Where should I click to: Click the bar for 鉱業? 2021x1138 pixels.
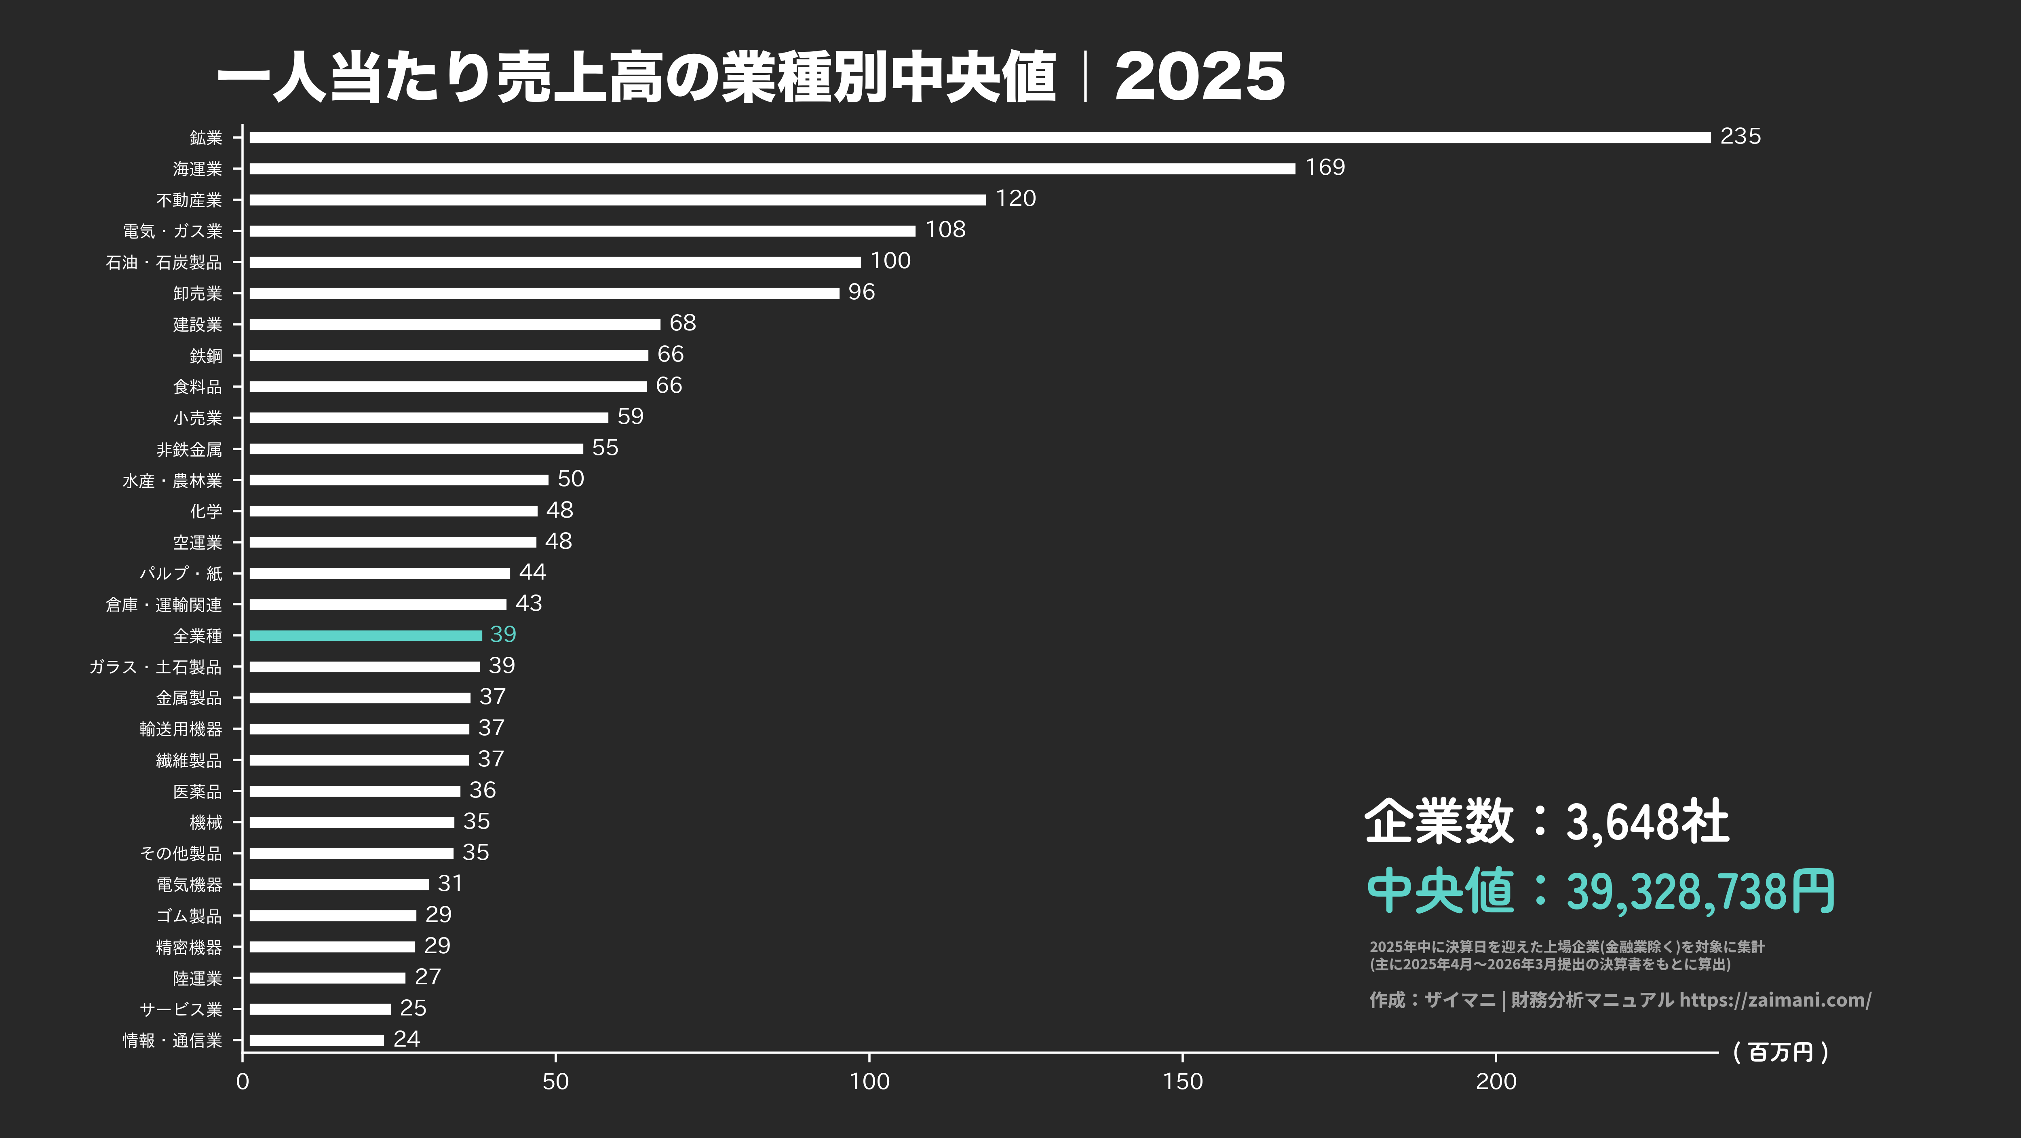979,137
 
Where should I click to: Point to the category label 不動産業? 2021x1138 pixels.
189,200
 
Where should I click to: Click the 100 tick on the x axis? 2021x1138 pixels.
869,1081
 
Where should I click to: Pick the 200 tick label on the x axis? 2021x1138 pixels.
1496,1081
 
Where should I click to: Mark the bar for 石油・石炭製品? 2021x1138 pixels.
555,262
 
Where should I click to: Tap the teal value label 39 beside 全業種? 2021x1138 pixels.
503,634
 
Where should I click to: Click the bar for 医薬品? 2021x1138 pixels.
354,791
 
